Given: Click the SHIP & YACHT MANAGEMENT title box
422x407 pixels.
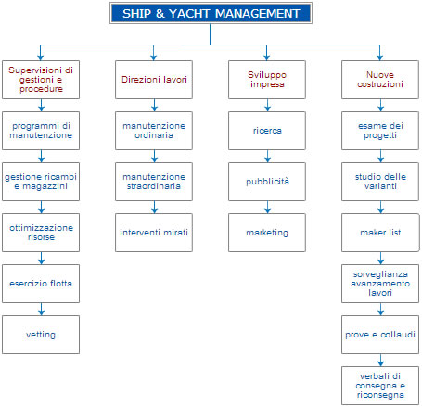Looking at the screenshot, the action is (x=211, y=13).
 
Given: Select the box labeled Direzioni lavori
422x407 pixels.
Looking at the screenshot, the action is (x=154, y=80).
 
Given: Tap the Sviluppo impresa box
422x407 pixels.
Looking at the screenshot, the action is (x=267, y=80).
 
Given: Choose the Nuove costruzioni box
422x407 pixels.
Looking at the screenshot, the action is (x=380, y=80).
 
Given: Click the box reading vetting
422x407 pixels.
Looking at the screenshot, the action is (x=41, y=335).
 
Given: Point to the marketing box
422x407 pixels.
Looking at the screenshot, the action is (x=267, y=233).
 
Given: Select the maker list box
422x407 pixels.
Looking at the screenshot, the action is (x=380, y=233).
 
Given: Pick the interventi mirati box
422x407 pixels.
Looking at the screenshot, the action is (x=154, y=233).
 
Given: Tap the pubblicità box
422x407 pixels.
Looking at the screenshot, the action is (x=267, y=182).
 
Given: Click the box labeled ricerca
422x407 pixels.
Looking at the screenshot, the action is (x=267, y=131).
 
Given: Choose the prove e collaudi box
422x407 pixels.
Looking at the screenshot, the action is (x=380, y=335).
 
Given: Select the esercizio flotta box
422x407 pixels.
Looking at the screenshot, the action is (x=41, y=284).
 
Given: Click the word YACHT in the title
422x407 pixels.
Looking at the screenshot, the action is (x=189, y=14).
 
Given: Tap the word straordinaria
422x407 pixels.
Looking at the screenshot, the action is (x=154, y=186).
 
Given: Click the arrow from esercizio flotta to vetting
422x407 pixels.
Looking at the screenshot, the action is (x=41, y=309).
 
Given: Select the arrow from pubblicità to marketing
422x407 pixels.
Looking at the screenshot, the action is (x=267, y=207).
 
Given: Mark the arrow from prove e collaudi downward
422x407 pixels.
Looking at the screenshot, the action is (x=380, y=361).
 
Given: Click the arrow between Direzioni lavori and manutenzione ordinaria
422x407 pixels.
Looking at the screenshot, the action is (x=154, y=105).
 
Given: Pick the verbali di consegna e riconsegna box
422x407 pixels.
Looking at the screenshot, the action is (x=380, y=386).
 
